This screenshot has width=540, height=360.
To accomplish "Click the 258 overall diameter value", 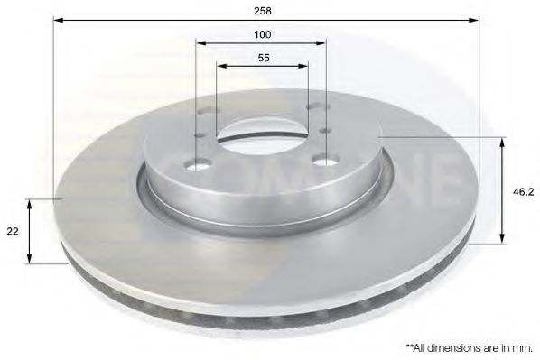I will pyautogui.click(x=263, y=12).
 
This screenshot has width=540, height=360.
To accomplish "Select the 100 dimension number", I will pyautogui.click(x=262, y=35).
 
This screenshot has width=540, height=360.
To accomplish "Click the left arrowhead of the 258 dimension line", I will pyautogui.click(x=57, y=20).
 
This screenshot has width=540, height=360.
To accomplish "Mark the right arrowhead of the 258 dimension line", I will pyautogui.click(x=476, y=20).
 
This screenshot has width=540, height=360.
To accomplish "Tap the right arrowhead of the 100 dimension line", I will pyautogui.click(x=322, y=43).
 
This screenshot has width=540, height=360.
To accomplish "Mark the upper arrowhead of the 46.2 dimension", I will pyautogui.click(x=501, y=141).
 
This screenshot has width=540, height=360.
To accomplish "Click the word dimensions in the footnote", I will pyautogui.click(x=452, y=346).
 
